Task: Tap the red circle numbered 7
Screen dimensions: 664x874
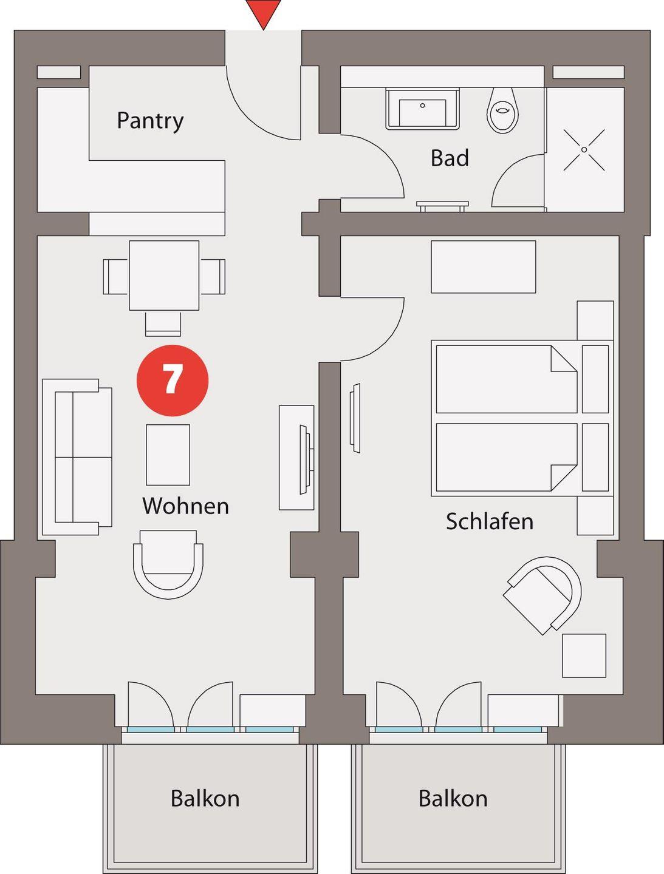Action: [173, 381]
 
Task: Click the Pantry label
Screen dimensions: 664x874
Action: [150, 121]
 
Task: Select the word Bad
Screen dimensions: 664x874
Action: [450, 158]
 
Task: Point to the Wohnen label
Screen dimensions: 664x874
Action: [186, 506]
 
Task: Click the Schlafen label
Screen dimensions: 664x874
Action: [490, 521]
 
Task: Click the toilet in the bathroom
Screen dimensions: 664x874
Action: [503, 110]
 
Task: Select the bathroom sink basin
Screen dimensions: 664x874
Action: [422, 109]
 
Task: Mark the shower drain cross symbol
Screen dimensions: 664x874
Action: [584, 150]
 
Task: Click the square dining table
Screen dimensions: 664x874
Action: [164, 276]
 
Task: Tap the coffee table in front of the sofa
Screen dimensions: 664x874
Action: [168, 455]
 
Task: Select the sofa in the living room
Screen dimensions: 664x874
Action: [77, 457]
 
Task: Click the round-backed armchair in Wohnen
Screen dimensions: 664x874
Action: [168, 564]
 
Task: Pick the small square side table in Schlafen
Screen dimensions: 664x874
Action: [584, 655]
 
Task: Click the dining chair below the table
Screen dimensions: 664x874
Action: [163, 324]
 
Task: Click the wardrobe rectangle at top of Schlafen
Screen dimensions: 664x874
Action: [484, 267]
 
